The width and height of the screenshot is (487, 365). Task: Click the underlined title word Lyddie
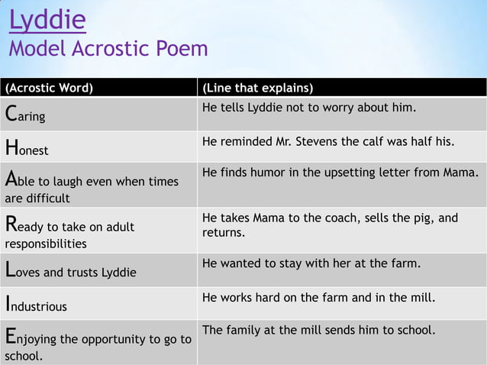click(47, 20)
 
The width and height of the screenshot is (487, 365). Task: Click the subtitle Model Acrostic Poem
click(108, 50)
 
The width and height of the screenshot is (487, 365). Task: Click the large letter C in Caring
click(11, 115)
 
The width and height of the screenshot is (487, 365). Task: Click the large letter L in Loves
click(10, 270)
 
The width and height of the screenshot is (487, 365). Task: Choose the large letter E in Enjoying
click(11, 337)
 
